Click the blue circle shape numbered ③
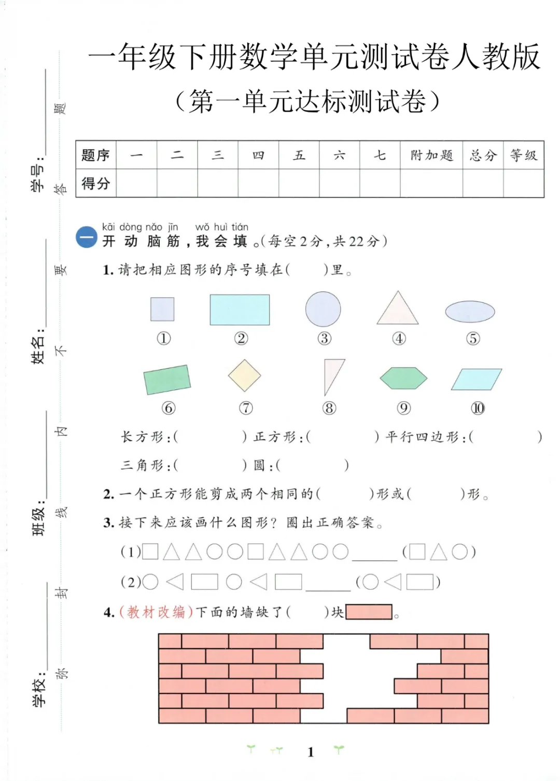click(x=323, y=309)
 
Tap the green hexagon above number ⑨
click(x=403, y=378)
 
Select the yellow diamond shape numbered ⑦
click(x=245, y=375)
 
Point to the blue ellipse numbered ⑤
click(x=470, y=312)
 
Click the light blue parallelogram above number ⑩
click(x=477, y=379)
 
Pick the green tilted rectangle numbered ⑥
click(x=167, y=379)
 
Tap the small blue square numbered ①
click(x=162, y=309)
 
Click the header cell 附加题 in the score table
click(x=431, y=155)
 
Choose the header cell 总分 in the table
click(x=483, y=155)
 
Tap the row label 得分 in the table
click(x=96, y=183)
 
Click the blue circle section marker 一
click(x=87, y=238)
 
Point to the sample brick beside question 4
click(x=369, y=612)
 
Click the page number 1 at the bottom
click(x=311, y=751)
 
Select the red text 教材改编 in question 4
click(x=156, y=612)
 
